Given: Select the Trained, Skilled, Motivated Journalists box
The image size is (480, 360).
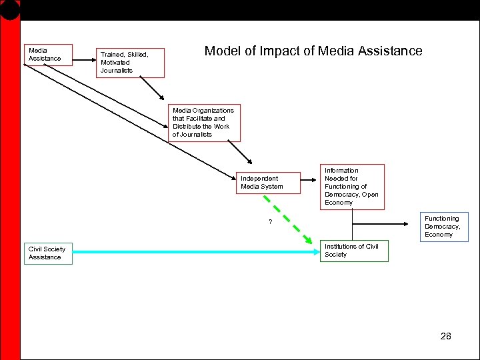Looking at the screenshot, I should [x=130, y=63].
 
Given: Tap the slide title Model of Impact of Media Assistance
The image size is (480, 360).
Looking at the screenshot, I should [x=313, y=51].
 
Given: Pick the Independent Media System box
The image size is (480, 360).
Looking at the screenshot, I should [x=266, y=183].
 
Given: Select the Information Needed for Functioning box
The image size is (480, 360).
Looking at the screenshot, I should [x=352, y=187].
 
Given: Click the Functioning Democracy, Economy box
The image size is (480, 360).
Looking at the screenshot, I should [x=443, y=227].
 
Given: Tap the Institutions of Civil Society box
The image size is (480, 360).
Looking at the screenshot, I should [x=353, y=251].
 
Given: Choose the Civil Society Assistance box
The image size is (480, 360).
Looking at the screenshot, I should [x=48, y=253].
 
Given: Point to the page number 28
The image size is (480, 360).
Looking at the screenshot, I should [x=446, y=336].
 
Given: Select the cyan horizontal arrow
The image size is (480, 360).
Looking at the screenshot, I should [x=193, y=251].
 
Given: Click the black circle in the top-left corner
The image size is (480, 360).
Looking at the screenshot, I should [x=9, y=8].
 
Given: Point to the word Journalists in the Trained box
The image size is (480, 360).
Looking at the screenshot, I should [x=117, y=71].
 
